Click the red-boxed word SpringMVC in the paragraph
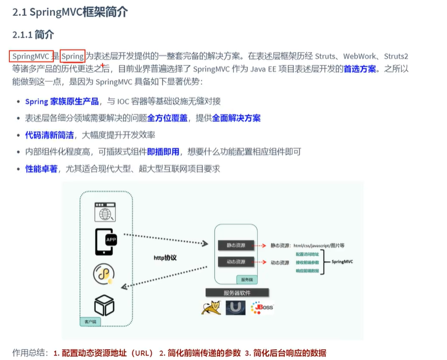[x=31, y=56]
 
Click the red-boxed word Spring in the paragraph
[x=73, y=56]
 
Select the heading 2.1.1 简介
[x=33, y=34]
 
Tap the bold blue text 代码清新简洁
[x=49, y=135]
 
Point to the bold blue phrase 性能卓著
[x=41, y=168]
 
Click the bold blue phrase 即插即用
[x=163, y=152]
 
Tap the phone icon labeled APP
[x=107, y=241]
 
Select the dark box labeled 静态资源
[x=232, y=245]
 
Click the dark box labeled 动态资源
[x=232, y=262]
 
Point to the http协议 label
[x=165, y=257]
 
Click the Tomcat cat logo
[x=210, y=308]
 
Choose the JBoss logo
[x=263, y=308]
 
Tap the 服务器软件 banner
[x=236, y=293]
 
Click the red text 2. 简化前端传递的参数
[x=200, y=353]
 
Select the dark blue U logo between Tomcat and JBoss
[x=236, y=308]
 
